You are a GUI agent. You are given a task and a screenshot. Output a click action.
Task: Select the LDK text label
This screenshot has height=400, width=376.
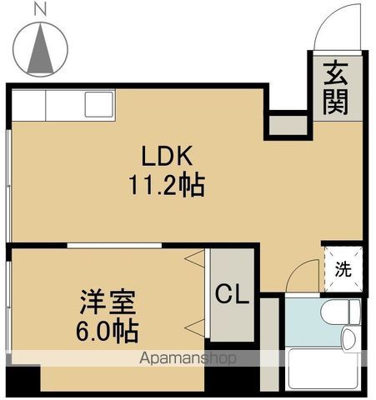click(167, 156)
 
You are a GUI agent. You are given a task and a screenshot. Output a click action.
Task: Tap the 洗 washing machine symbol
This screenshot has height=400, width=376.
click(343, 269)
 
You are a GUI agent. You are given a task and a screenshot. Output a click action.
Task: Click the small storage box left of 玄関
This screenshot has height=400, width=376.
click(288, 125)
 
